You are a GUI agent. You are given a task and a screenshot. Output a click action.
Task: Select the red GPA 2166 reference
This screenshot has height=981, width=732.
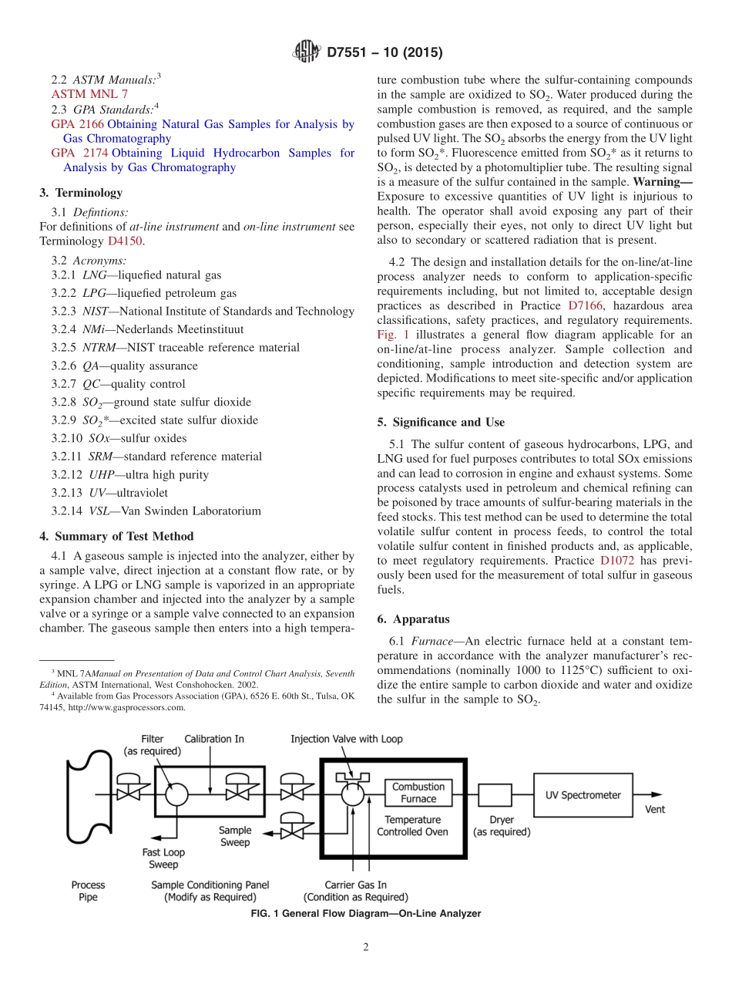tap(78, 124)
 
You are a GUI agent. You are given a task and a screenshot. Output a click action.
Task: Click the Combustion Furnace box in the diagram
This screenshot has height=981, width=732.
tap(418, 793)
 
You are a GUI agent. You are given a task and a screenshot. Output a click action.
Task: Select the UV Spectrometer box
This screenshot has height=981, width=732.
tap(583, 795)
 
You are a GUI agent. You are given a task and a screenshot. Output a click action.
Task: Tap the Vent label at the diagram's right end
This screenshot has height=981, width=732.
tap(655, 809)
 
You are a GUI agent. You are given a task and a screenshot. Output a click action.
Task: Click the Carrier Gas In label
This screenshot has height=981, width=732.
tap(355, 885)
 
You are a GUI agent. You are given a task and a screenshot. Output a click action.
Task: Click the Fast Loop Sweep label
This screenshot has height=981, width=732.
tap(163, 858)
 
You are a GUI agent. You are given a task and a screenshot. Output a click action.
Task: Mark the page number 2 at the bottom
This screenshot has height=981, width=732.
tap(366, 947)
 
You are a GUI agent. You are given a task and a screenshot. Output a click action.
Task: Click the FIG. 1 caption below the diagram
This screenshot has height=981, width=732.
tap(366, 914)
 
